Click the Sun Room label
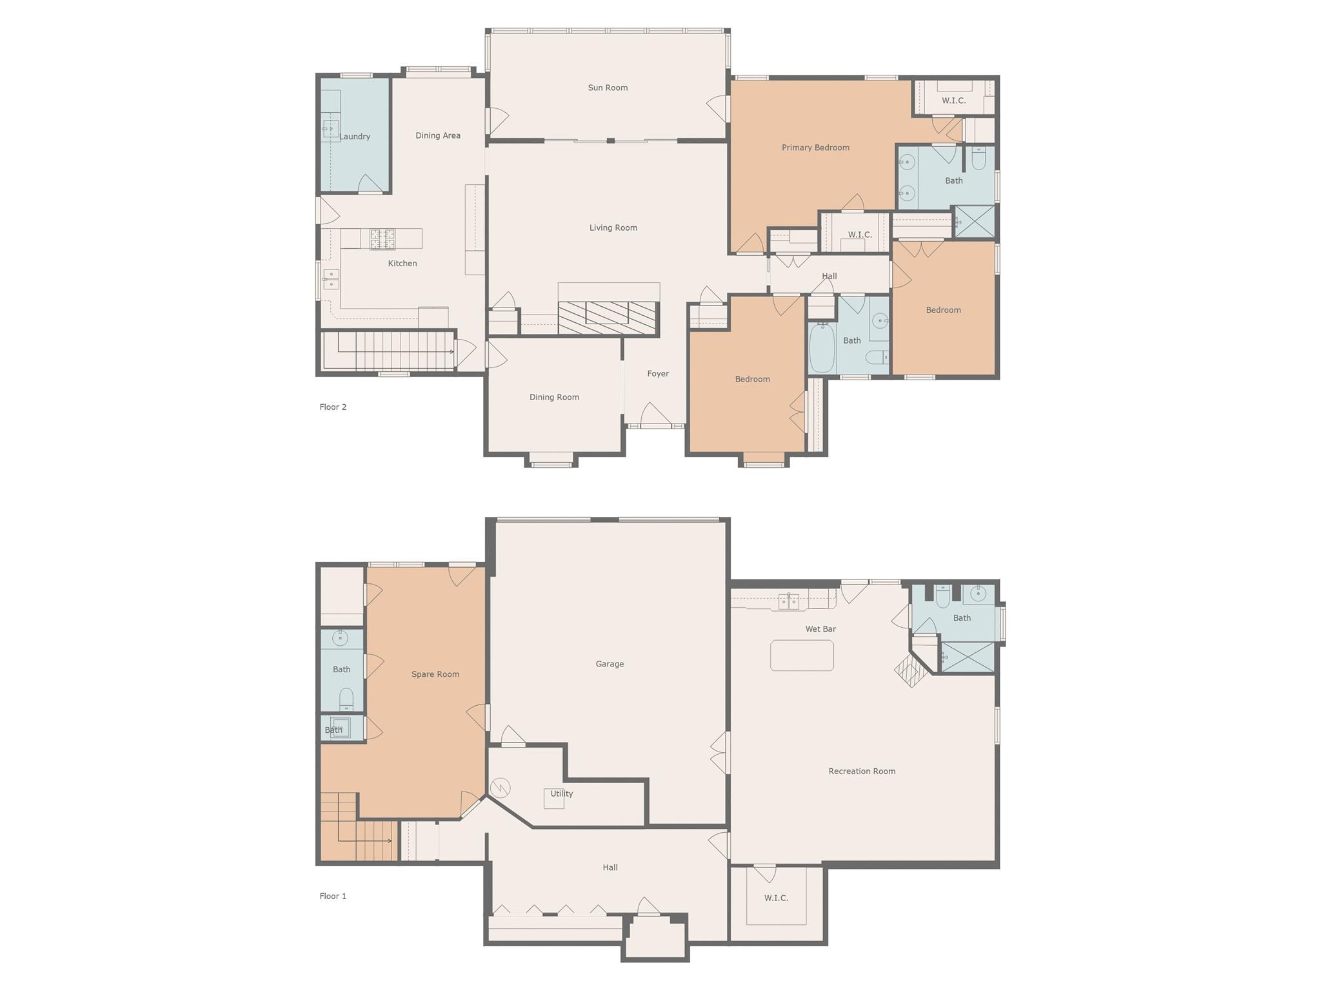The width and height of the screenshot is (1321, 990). [608, 88]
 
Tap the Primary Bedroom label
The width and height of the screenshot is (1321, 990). [815, 148]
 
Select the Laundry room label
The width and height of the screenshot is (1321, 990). [354, 137]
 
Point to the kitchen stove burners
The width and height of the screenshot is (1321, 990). [382, 239]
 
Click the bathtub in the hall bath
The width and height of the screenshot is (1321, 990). [822, 347]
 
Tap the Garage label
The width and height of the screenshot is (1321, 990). [610, 664]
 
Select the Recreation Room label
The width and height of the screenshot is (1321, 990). [862, 771]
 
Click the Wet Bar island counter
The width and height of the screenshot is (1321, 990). [802, 655]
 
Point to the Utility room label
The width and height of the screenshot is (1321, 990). [561, 793]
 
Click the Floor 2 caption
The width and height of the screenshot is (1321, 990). [333, 407]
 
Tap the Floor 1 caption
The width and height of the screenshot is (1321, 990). [333, 896]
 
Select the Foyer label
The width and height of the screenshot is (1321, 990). [658, 374]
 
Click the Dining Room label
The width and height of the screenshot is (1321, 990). [554, 397]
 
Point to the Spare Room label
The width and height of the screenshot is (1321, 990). [435, 674]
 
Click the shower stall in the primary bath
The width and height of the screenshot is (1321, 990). [974, 222]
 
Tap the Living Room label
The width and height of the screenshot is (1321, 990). [613, 228]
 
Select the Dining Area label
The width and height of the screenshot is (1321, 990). [438, 135]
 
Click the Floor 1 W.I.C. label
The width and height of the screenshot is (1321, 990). [776, 898]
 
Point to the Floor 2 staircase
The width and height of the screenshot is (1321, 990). [388, 351]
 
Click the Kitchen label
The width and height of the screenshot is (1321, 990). [402, 263]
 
